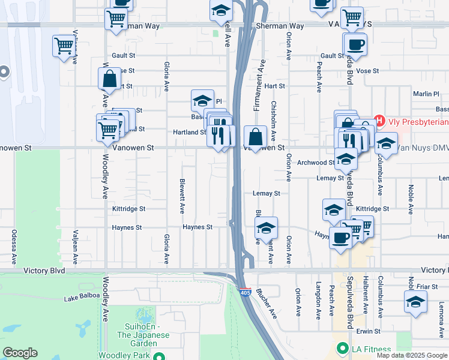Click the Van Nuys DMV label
[423, 148]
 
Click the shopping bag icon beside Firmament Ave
[256, 137]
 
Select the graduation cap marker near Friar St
[415, 302]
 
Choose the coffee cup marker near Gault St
[355, 44]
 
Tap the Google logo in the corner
[20, 353]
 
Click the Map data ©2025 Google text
[411, 355]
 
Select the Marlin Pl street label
[426, 94]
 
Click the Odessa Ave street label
[13, 247]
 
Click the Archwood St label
[316, 163]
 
